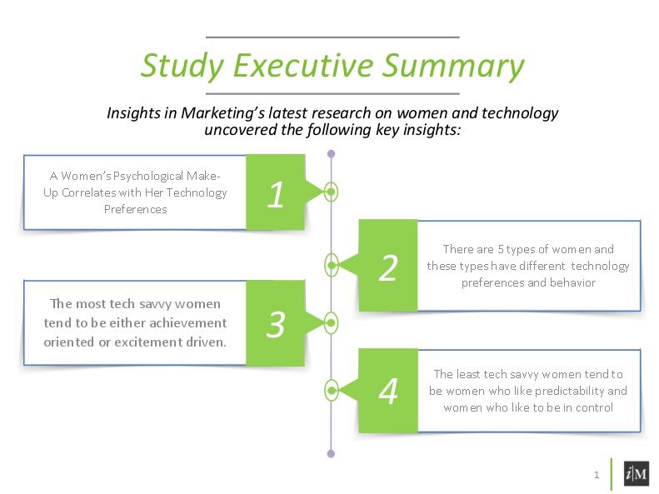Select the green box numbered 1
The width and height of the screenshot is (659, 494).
click(276, 193)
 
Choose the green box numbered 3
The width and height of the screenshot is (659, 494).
click(276, 323)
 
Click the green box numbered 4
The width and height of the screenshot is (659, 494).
click(388, 391)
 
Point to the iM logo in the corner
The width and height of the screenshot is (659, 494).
click(637, 474)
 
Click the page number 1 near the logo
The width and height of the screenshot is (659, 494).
click(597, 475)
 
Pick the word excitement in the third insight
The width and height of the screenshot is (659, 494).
click(162, 341)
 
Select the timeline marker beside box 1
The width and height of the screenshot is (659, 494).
click(332, 192)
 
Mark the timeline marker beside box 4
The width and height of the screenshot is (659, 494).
click(332, 390)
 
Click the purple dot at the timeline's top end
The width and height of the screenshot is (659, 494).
click(332, 154)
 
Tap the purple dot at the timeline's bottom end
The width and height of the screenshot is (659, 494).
click(332, 454)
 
